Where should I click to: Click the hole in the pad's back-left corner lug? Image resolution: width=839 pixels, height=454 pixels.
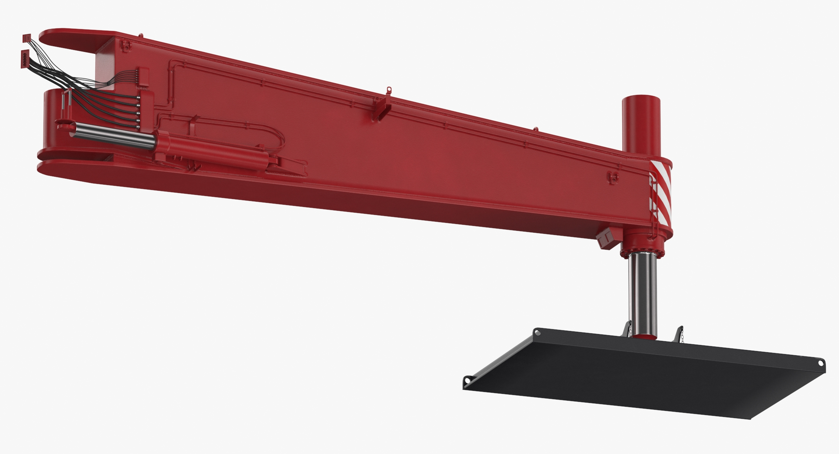[x=537, y=333]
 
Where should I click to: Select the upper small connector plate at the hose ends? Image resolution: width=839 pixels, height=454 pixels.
[x=26, y=39]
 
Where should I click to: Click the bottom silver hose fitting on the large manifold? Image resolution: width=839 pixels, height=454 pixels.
[x=138, y=120]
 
